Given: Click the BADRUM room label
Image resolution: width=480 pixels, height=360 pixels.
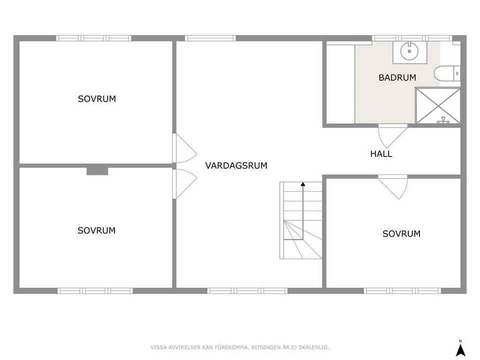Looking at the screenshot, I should pyautogui.click(x=397, y=77).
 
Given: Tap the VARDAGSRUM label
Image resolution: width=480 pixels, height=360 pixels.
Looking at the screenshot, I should pyautogui.click(x=236, y=165).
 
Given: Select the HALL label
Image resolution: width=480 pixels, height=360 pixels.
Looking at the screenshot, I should pyautogui.click(x=381, y=154).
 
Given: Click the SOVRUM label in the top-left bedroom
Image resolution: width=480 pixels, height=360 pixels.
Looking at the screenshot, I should pyautogui.click(x=96, y=99).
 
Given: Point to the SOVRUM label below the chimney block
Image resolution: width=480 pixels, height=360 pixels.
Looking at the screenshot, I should pyautogui.click(x=96, y=230).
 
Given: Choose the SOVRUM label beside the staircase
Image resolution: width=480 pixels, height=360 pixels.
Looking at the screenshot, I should pyautogui.click(x=401, y=233).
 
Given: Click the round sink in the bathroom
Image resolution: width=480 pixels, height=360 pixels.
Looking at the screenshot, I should pyautogui.click(x=409, y=50).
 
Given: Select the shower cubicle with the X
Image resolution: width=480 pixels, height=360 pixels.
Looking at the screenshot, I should pyautogui.click(x=438, y=105).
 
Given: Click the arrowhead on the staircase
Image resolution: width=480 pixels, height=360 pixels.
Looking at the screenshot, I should pyautogui.click(x=302, y=184).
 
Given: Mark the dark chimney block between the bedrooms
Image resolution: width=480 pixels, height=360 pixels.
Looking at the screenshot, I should pyautogui.click(x=97, y=171).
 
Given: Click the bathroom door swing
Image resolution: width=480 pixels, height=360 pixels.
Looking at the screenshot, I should pyautogui.click(x=389, y=136).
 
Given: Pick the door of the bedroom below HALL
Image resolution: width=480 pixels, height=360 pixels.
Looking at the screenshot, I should pyautogui.click(x=393, y=186).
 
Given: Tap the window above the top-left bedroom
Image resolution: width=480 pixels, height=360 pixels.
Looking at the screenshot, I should pyautogui.click(x=93, y=38).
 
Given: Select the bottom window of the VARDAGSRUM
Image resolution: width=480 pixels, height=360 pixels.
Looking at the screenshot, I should pyautogui.click(x=247, y=290).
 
